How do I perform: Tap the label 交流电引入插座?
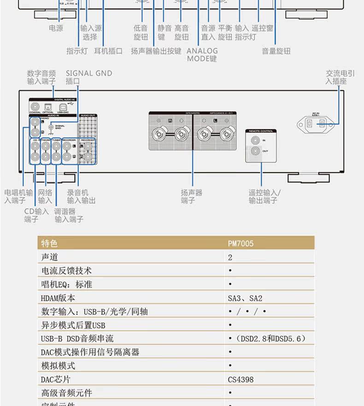coord(340,77)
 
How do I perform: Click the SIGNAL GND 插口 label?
coord(88,77)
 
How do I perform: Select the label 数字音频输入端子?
coord(41,77)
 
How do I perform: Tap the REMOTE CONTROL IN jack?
coord(255,140)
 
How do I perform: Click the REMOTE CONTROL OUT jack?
coord(255,151)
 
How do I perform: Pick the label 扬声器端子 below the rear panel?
coord(191,197)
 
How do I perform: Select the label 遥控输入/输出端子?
coord(264,197)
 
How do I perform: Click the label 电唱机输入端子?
coord(18,197)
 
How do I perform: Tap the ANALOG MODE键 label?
coord(202,54)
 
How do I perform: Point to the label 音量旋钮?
coord(276,51)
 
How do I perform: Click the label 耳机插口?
coord(108,51)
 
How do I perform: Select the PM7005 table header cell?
coord(241,243)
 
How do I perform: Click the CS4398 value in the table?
coord(241,380)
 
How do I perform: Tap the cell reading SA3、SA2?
coord(245,298)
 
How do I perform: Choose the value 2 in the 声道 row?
coord(230,257)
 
